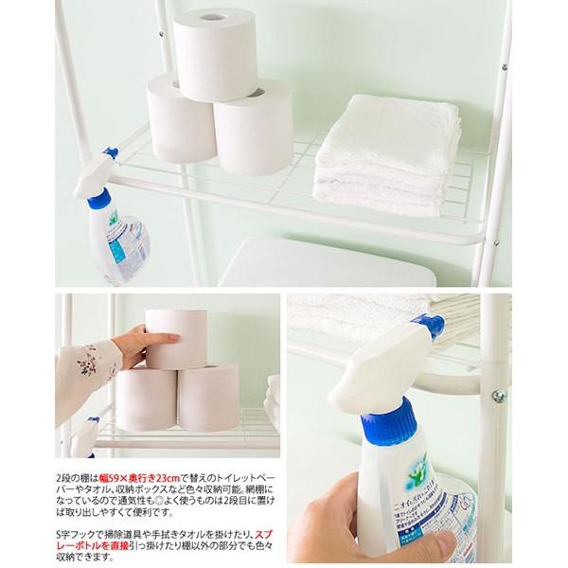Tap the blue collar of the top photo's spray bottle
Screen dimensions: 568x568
click(102, 201)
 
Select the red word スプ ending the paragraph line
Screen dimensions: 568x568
click(268, 532)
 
